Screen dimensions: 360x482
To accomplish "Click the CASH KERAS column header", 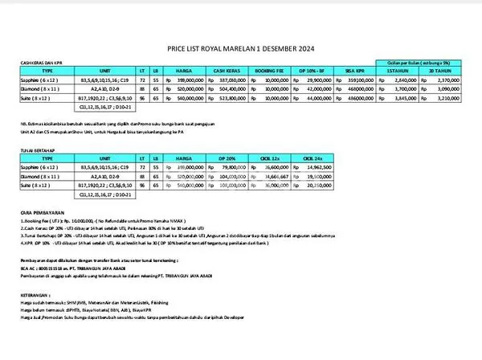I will tap(228, 71).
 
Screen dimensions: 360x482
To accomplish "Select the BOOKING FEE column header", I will tap(277, 71).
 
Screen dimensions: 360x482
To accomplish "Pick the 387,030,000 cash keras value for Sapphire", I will tap(234, 81).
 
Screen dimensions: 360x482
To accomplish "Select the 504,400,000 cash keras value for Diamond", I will tap(234, 92).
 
